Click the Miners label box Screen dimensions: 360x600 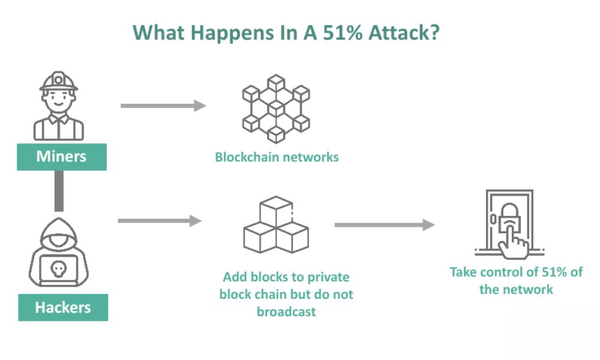[x=61, y=157]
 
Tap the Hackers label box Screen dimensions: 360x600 [x=62, y=307]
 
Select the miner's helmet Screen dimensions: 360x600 [x=58, y=80]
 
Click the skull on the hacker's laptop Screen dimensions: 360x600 [x=58, y=266]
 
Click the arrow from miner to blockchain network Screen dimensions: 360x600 [x=163, y=106]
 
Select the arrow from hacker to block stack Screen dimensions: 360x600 [x=160, y=221]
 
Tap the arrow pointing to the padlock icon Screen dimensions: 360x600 [x=384, y=225]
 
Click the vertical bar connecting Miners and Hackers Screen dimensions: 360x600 [x=58, y=191]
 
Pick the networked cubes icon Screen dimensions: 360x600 [x=275, y=107]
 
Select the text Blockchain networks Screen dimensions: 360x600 [x=277, y=157]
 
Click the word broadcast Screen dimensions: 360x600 [x=286, y=311]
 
